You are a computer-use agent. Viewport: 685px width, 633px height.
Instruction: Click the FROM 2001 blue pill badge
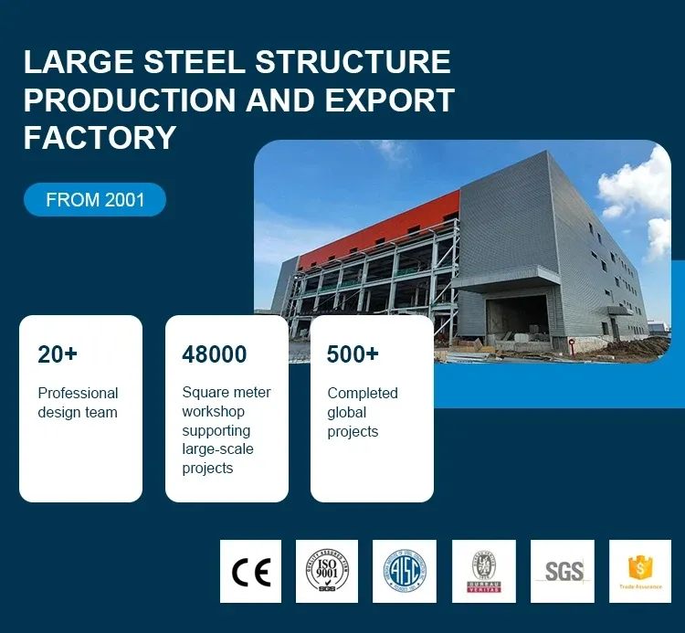click(95, 200)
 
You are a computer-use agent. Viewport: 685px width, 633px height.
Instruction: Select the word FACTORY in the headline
click(100, 137)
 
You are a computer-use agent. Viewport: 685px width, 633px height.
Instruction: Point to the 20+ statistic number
click(58, 355)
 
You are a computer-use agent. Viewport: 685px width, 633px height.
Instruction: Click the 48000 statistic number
click(214, 355)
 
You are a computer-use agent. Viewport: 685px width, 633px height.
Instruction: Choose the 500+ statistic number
click(353, 355)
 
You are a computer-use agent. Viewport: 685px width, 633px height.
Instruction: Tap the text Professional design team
click(78, 403)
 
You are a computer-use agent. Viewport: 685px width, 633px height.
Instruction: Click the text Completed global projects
click(363, 412)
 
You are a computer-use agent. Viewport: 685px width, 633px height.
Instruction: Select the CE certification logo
click(251, 572)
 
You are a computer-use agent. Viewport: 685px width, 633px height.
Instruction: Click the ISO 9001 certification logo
click(327, 572)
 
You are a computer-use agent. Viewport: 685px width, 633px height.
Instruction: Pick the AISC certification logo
click(405, 572)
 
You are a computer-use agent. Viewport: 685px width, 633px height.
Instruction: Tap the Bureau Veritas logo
click(484, 572)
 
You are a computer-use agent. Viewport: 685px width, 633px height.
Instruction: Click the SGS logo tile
click(563, 572)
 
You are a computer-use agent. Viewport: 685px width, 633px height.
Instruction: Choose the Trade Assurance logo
click(639, 572)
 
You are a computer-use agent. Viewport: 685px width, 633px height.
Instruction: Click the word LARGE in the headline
click(75, 62)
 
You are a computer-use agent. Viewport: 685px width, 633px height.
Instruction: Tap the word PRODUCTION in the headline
click(128, 100)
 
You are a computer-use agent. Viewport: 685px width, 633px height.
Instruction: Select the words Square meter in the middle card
click(227, 393)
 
